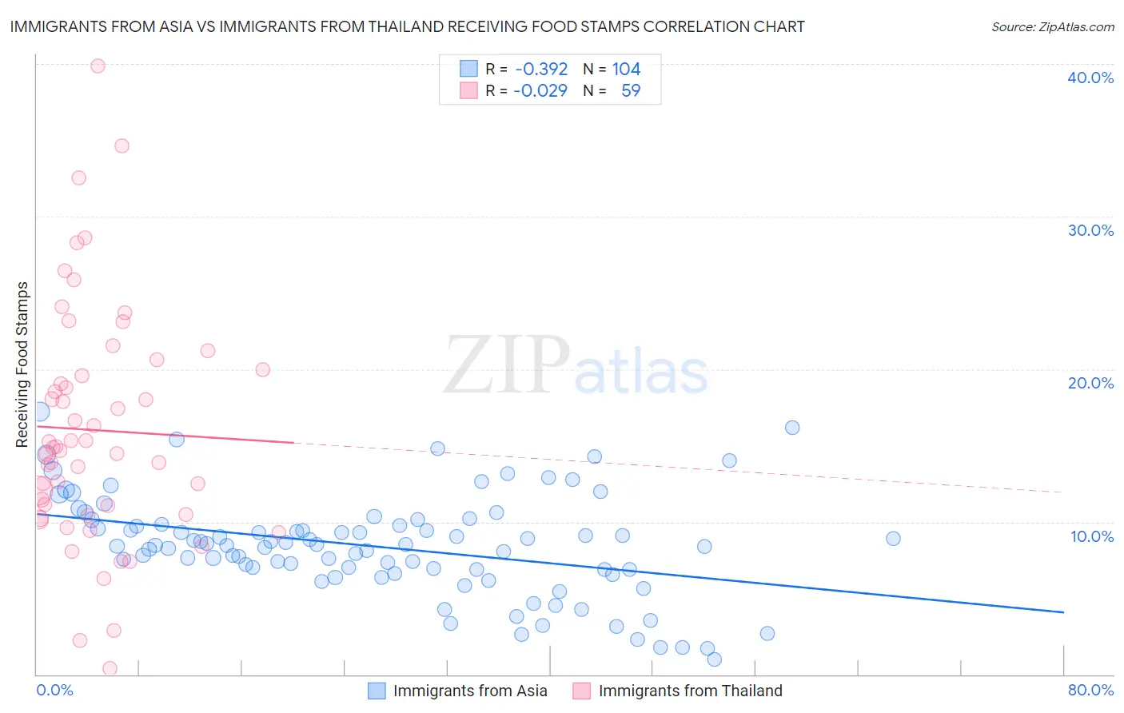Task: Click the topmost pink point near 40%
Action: [98, 66]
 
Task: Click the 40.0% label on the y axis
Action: [1090, 78]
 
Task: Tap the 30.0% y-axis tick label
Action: [1090, 230]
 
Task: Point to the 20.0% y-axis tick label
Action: [1090, 383]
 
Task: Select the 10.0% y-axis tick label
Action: [1091, 536]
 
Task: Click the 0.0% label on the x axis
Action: [54, 690]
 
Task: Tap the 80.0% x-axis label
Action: [1090, 690]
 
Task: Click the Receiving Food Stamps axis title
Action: [22, 364]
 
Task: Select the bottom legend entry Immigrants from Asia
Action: [469, 691]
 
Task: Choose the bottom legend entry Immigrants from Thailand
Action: [690, 691]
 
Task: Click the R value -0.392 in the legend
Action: [541, 69]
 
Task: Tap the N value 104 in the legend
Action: [626, 69]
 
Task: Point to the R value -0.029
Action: [540, 90]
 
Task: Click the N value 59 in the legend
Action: [631, 90]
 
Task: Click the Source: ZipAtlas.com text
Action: [1052, 26]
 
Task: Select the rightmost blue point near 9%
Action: [893, 538]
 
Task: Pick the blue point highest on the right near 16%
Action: [792, 428]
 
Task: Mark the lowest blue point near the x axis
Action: [715, 659]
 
